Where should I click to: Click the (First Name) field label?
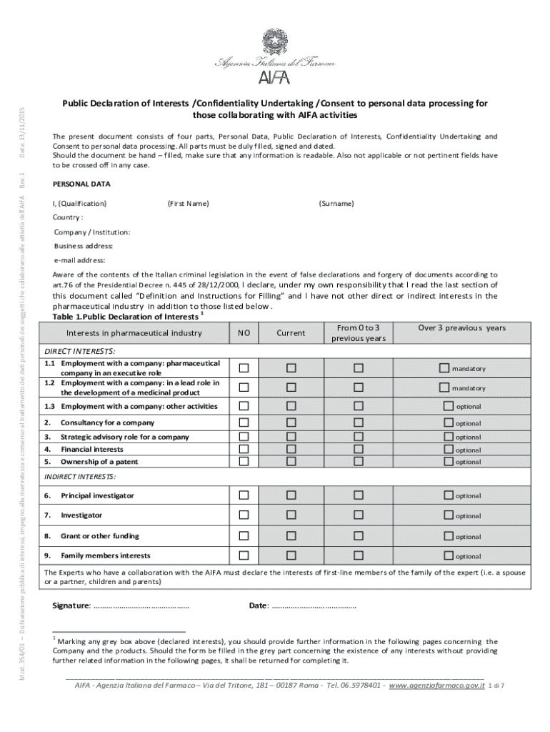tap(189, 204)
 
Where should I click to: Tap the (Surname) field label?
tap(336, 204)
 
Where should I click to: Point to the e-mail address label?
tap(80, 260)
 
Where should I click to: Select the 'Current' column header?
tap(291, 332)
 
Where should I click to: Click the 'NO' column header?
tap(244, 332)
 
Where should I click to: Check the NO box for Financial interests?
tap(244, 449)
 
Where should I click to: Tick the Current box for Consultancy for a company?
tap(291, 422)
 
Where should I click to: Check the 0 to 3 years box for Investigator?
tap(359, 515)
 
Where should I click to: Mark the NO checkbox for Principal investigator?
tap(244, 495)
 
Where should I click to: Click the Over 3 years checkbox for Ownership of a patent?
tap(449, 461)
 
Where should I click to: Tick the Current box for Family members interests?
tap(291, 555)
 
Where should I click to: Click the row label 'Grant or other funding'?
tap(100, 535)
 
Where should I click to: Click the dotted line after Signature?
tap(141, 606)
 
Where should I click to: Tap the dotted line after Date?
tap(314, 606)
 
